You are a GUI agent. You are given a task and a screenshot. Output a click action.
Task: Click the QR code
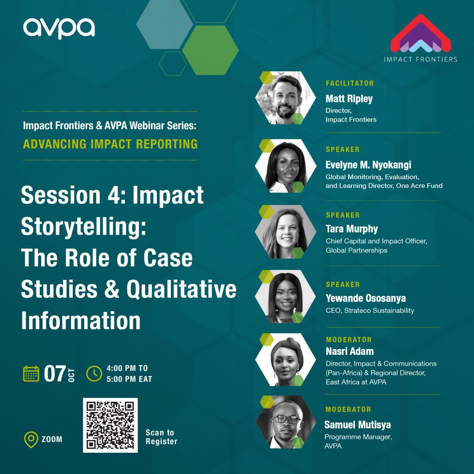(110, 424)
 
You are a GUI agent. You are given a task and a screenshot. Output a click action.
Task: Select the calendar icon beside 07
(31, 374)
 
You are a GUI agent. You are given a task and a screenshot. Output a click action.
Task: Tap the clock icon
(94, 374)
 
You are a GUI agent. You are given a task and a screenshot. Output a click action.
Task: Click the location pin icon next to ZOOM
(31, 439)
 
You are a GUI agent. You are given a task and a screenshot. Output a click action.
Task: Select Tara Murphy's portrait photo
(285, 231)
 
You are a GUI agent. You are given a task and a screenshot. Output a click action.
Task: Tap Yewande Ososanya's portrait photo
(285, 297)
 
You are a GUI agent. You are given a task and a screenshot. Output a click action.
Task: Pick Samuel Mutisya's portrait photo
(285, 422)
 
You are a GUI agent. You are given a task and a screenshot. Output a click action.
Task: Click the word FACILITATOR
(349, 83)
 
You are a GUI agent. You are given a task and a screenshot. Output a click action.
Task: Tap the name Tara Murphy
(352, 229)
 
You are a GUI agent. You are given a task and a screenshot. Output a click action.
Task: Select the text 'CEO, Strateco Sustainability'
(370, 311)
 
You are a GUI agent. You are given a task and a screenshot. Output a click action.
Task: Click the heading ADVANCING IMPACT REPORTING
(110, 143)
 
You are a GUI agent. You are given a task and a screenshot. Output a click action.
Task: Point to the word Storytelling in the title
(83, 226)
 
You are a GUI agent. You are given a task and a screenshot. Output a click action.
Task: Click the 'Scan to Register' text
(161, 437)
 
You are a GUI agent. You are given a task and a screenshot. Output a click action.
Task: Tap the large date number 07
(55, 374)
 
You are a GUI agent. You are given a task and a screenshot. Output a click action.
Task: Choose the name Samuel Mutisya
(358, 424)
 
